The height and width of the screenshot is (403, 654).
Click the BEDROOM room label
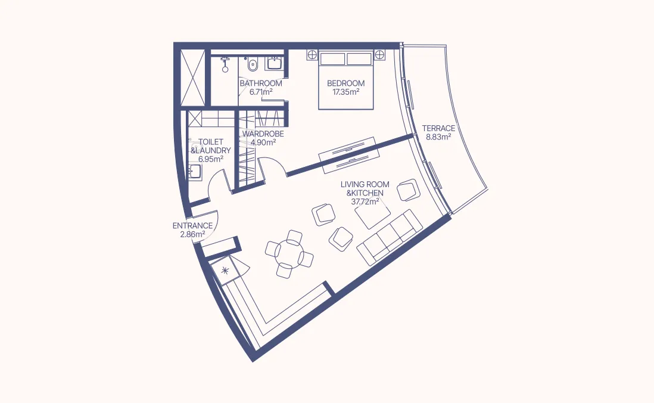click(345, 83)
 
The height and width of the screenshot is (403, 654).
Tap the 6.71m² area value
click(261, 92)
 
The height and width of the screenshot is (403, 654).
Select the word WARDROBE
click(263, 134)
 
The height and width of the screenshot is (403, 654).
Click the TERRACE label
click(438, 128)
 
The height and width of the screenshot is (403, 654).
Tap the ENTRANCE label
click(192, 226)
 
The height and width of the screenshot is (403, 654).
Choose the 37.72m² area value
click(365, 202)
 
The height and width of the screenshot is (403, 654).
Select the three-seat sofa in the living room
click(389, 237)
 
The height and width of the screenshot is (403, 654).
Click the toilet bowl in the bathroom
click(253, 62)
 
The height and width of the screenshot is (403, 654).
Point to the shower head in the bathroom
click(225, 60)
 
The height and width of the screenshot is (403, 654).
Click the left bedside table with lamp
click(311, 55)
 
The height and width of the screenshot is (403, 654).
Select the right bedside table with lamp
click(380, 55)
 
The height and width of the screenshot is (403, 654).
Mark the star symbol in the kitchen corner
click(225, 271)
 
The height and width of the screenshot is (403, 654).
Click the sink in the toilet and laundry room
click(195, 173)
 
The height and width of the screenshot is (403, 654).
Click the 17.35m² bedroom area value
click(345, 92)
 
